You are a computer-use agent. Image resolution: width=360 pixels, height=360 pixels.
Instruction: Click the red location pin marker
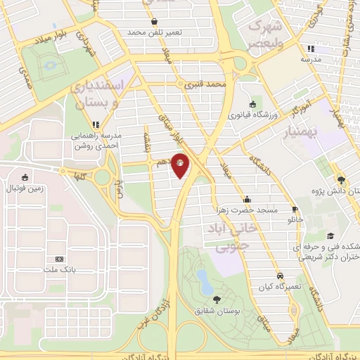181,165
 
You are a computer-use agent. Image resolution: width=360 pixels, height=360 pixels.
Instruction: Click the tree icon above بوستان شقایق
216,300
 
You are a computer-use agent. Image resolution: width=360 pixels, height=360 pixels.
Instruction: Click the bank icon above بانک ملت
59,259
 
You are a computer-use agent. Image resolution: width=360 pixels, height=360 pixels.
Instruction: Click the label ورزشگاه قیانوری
251,113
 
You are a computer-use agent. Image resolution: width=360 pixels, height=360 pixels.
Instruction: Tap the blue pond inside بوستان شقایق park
205,281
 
